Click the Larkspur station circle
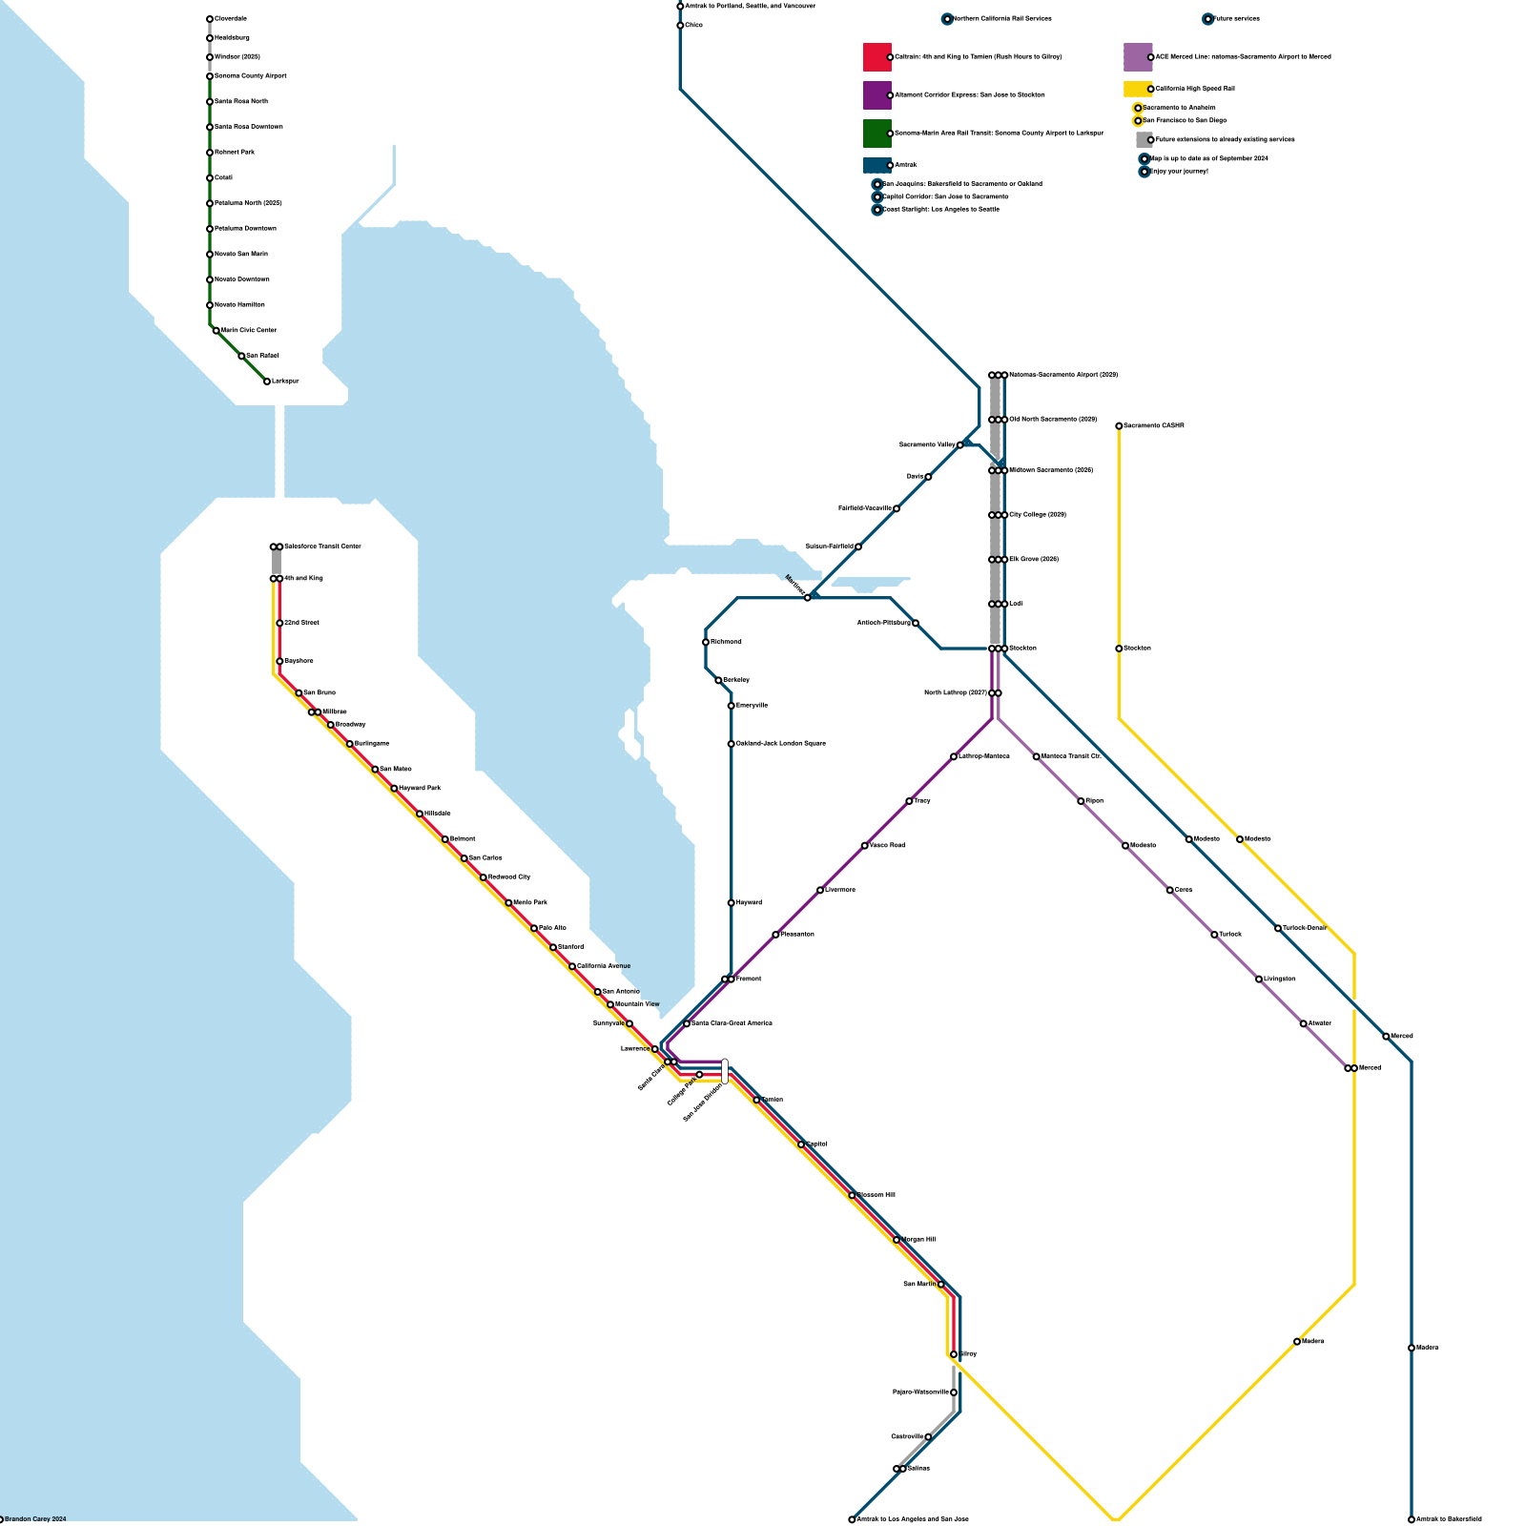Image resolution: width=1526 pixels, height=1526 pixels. point(267,381)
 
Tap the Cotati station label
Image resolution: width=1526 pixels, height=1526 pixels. point(224,178)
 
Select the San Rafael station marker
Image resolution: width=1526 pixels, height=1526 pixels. point(241,356)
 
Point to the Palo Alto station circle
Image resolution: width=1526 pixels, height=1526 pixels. point(534,928)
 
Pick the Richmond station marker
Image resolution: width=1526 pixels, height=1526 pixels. point(706,642)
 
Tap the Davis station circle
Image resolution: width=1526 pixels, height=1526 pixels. point(928,477)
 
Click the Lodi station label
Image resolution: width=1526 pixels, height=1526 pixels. point(1016,604)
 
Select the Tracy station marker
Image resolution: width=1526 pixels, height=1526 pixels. point(909,801)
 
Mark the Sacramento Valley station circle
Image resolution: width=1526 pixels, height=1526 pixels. point(960,444)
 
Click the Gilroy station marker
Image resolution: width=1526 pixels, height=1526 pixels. point(954,1354)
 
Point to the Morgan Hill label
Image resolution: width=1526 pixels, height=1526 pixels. point(918,1240)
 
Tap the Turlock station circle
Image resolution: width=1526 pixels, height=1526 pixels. point(1214,935)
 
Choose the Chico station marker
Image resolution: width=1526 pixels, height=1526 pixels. point(680,26)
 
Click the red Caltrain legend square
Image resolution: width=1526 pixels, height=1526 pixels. point(877,57)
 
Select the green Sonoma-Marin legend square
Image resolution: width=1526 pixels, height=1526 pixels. point(877,134)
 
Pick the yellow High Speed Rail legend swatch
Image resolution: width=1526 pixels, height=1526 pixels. point(1138,89)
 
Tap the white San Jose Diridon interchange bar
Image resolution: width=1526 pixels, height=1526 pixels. point(725,1071)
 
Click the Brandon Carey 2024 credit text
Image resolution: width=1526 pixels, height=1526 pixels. point(35,1519)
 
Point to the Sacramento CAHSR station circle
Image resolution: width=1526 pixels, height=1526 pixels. point(1119,426)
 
